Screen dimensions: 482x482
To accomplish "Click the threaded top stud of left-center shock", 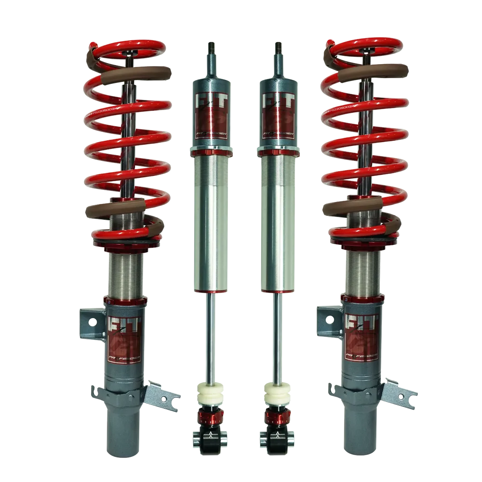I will point(212,48).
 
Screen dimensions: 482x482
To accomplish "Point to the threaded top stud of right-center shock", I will point(278,48).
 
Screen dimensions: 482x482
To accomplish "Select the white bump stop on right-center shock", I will point(277,393).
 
